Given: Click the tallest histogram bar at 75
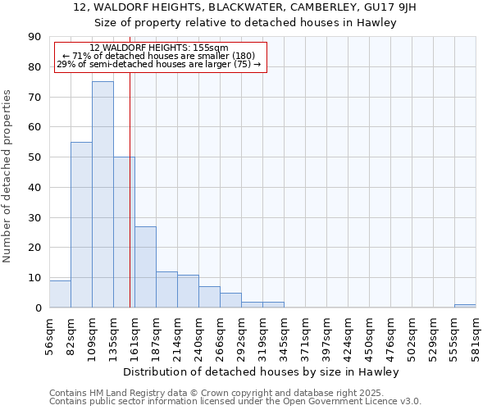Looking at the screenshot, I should click(x=102, y=194).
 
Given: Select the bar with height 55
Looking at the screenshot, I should click(x=81, y=225).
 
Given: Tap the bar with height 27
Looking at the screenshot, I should click(x=145, y=266).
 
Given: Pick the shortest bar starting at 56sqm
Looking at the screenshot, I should click(x=60, y=294).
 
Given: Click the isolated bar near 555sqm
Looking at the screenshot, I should click(x=465, y=306).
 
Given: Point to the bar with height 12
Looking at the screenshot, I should click(x=166, y=289).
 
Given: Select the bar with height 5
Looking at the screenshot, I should click(x=230, y=300).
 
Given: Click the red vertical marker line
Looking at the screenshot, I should click(x=130, y=205).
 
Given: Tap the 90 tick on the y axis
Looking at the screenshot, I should click(x=35, y=37).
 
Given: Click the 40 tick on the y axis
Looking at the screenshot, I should click(x=35, y=187).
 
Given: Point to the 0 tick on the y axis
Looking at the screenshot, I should click(x=38, y=307).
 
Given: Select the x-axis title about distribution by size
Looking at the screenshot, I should click(x=262, y=371).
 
